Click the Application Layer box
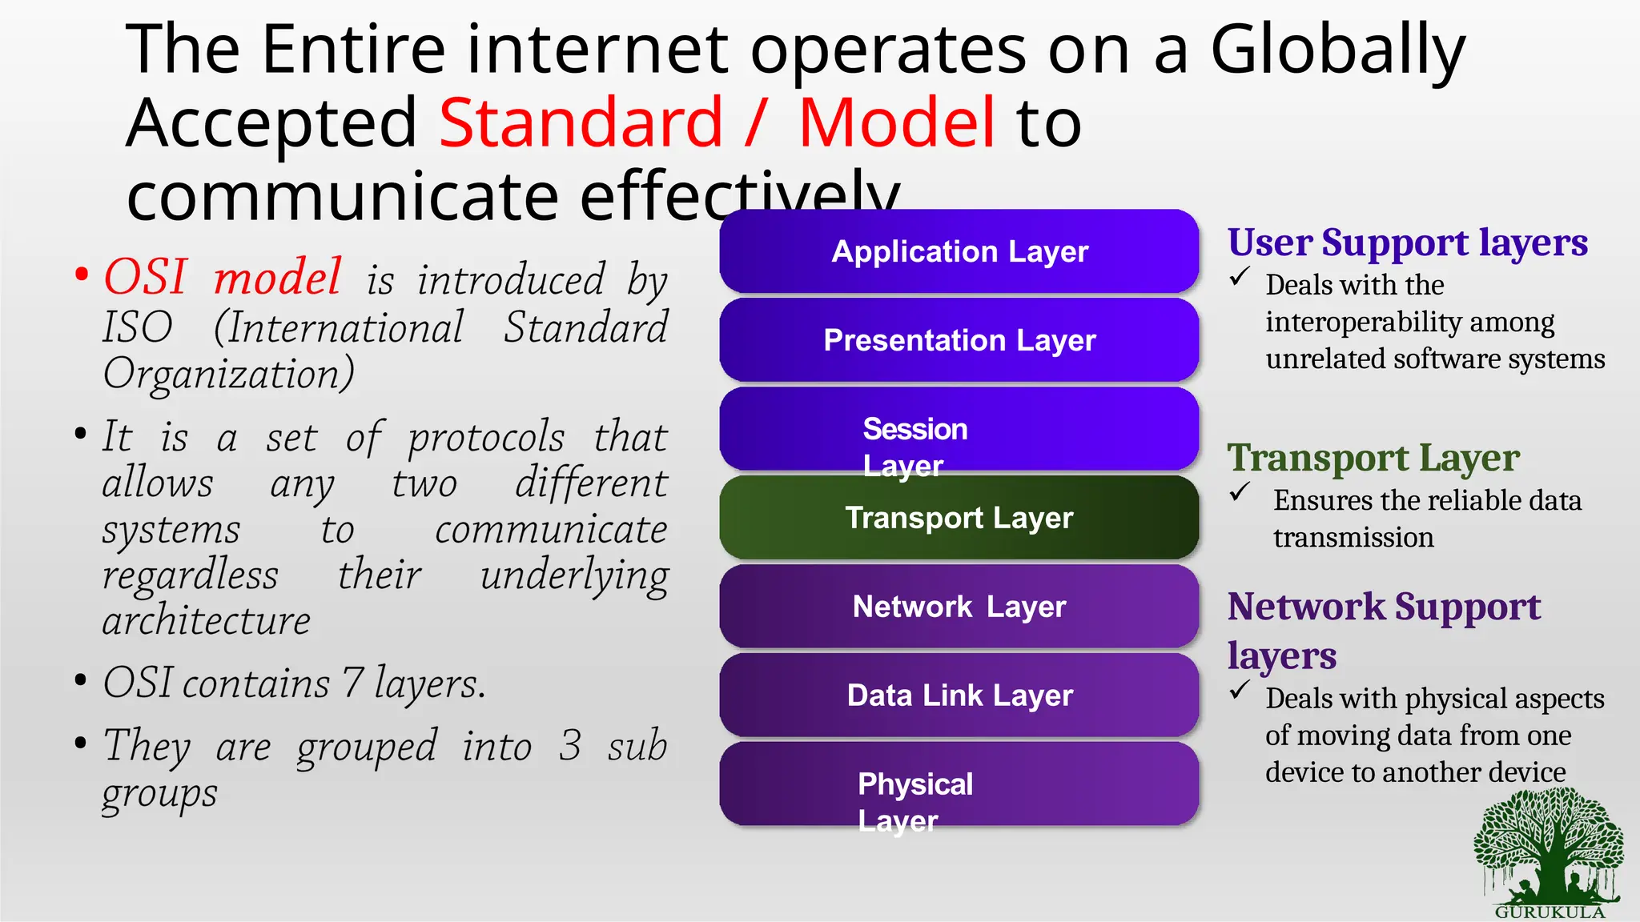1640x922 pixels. (x=959, y=251)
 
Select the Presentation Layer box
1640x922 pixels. (x=959, y=340)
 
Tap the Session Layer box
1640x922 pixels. (x=959, y=430)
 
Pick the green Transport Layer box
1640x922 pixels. (x=959, y=518)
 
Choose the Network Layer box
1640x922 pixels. (x=959, y=607)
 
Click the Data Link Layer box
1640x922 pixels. (x=959, y=695)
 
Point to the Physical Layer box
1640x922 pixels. (x=959, y=784)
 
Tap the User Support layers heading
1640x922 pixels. (x=1407, y=243)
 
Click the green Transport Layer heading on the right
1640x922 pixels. (x=1373, y=459)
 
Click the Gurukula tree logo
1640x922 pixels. (x=1549, y=852)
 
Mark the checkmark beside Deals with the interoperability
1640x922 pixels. (x=1240, y=278)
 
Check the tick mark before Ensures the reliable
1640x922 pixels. (x=1240, y=492)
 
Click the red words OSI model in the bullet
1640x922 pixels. (x=223, y=278)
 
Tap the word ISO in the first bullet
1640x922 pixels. (x=138, y=327)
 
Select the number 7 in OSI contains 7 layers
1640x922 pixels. (x=352, y=683)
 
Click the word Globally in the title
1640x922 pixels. (x=1337, y=50)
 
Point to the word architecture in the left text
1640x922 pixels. (x=207, y=621)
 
